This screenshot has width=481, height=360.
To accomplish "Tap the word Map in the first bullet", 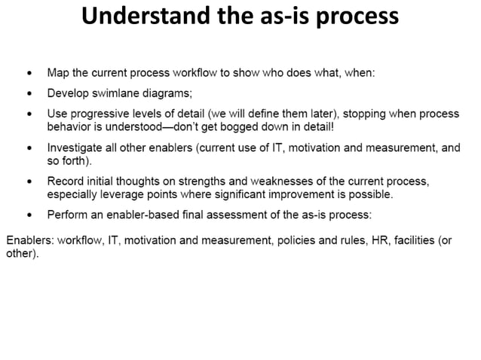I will (58, 74).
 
